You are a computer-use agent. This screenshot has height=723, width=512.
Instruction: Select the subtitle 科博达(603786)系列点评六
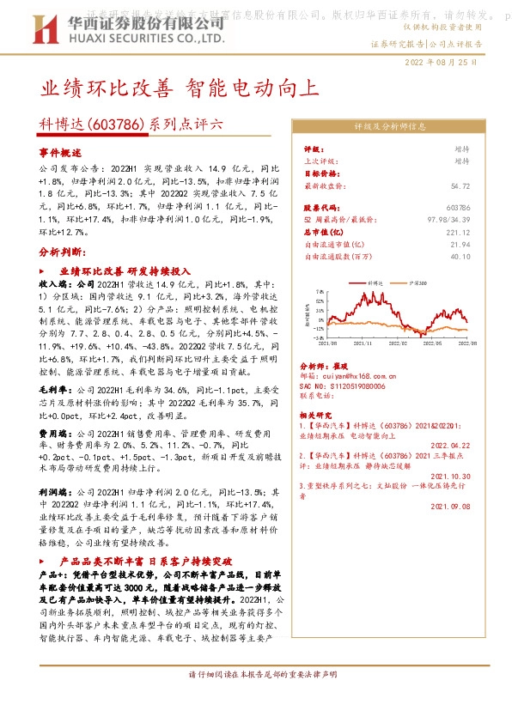pos(131,124)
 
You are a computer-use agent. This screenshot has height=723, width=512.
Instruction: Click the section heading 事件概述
pos(58,150)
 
